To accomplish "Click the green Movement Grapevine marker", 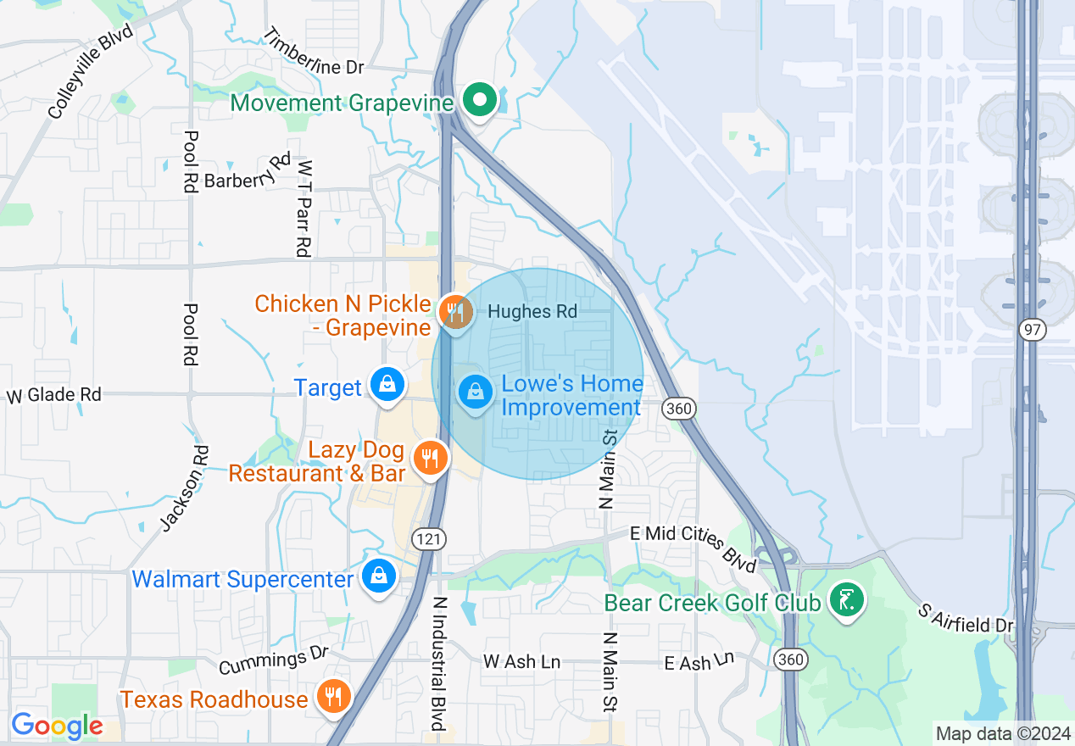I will pos(481,101).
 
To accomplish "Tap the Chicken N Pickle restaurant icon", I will pos(456,311).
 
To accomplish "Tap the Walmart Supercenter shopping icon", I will pos(379,577).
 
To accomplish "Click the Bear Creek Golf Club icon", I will pos(846,600).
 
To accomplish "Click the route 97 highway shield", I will pos(1032,331).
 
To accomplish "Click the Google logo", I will pos(57,726).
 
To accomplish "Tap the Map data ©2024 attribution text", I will pos(1002,733).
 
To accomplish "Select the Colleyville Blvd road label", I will pos(91,71).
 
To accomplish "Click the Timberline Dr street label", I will pos(313,52).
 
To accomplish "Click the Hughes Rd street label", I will pos(532,312).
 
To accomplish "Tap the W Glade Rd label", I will pos(54,395).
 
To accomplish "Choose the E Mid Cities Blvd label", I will pos(693,548).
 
